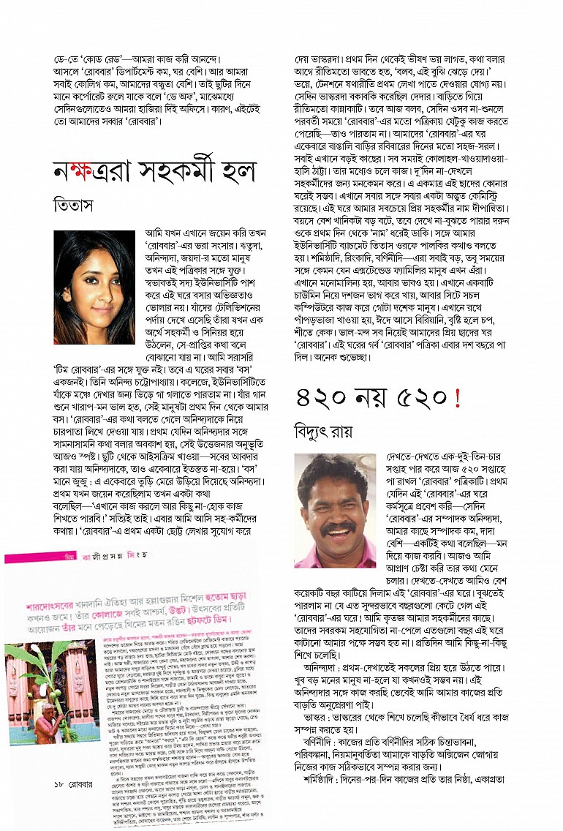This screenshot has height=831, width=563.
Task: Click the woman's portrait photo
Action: click(x=94, y=287)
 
